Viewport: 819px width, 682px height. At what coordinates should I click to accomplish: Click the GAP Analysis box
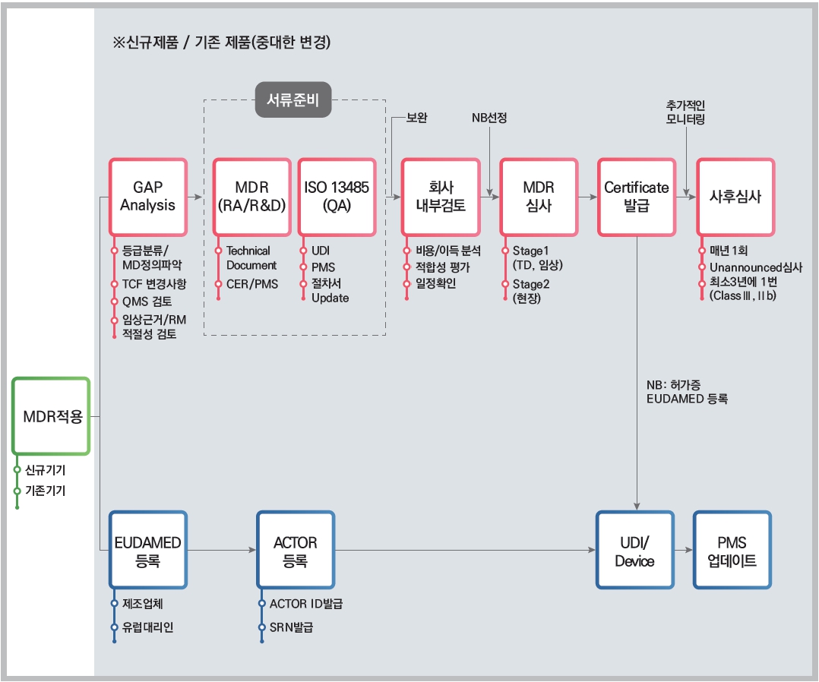[x=148, y=197]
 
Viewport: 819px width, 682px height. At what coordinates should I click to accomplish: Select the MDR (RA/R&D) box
[x=251, y=197]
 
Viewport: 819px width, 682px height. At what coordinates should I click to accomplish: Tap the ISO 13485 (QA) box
[x=337, y=197]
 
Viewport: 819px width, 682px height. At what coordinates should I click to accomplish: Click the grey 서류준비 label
[x=292, y=99]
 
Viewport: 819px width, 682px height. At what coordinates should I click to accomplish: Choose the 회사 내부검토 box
[x=441, y=197]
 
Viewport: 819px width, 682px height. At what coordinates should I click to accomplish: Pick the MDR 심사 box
[x=539, y=197]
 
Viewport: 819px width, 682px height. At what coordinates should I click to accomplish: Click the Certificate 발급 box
[x=636, y=197]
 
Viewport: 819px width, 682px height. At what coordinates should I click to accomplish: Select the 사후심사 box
[x=735, y=197]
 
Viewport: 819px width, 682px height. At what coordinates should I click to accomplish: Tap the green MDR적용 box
[x=52, y=416]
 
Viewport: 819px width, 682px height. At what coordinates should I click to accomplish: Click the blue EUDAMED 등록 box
[x=148, y=551]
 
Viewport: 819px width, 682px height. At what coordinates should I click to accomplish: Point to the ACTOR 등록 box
[x=295, y=551]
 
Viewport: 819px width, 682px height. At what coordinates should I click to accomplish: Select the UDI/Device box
[x=634, y=551]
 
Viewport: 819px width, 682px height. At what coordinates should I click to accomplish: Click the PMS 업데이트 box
[x=732, y=551]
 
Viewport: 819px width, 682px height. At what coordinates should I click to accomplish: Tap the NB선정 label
[x=489, y=118]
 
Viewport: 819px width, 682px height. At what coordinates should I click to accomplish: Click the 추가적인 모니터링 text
[x=685, y=112]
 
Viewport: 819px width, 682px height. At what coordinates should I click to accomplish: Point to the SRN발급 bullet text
[x=291, y=627]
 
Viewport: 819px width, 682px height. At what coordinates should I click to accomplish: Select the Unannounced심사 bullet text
[x=755, y=267]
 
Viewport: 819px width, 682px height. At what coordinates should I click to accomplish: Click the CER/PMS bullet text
[x=251, y=284]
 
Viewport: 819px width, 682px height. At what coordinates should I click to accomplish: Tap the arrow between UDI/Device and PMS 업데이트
[x=684, y=551]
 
